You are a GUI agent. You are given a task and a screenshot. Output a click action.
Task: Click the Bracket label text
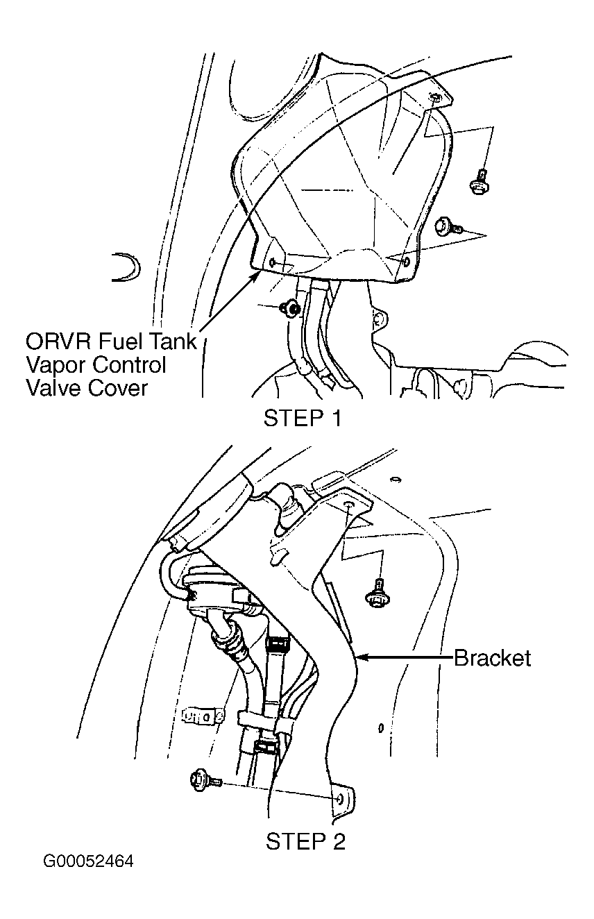tap(492, 658)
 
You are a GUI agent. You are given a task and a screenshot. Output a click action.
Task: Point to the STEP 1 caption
tap(303, 419)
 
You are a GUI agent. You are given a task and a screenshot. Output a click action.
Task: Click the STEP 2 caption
tap(305, 842)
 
